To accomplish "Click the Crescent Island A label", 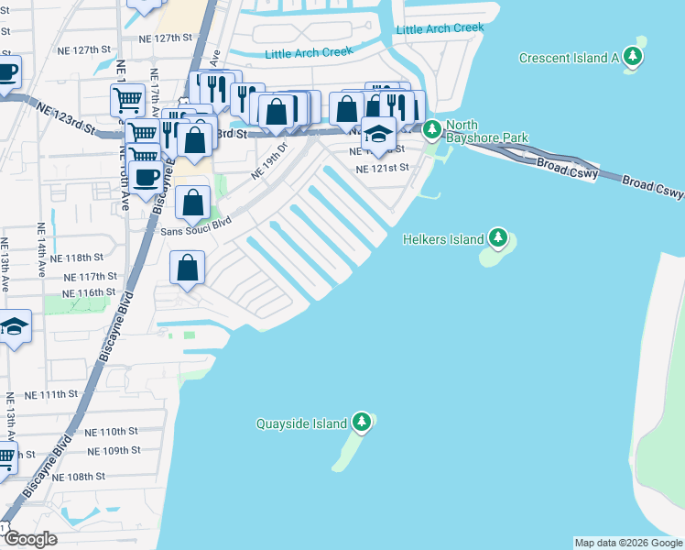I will coord(569,58).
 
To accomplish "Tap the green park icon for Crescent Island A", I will coord(633,57).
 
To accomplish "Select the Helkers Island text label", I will coord(443,239).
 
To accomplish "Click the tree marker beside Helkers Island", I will coord(497,239).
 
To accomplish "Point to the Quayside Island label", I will coord(301,423).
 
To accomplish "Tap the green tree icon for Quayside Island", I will coord(363,423).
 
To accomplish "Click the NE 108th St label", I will coord(80,477).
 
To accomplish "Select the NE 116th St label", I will coord(90,291).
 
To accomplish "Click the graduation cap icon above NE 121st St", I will coord(377,134).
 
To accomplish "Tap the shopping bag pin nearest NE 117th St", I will coord(187,269).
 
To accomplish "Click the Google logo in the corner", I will coord(31,539).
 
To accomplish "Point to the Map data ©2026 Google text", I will coord(627,543).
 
